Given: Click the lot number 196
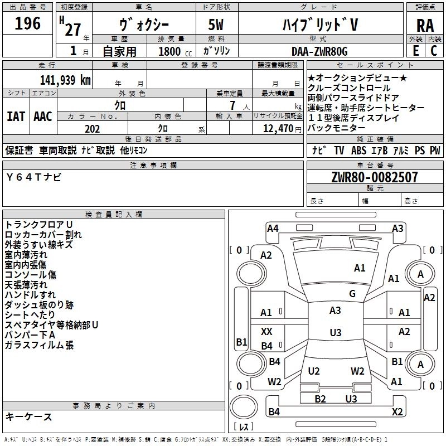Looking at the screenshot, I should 28,23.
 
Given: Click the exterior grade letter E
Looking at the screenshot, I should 415,51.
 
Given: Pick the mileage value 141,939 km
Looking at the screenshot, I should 58,80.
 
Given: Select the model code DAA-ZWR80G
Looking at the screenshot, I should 319,51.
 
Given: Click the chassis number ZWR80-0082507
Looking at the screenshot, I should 374,177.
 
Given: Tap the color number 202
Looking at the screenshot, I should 92,129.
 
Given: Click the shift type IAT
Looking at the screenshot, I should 16,117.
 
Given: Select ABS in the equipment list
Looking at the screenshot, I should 358,151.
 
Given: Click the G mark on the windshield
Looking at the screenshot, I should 352,294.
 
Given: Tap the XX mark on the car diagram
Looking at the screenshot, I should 266,332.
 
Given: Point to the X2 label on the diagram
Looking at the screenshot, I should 397,411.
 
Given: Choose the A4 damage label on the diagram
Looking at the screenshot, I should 273,228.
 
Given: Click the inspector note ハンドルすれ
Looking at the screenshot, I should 30,295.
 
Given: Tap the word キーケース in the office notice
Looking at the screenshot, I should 28,416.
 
